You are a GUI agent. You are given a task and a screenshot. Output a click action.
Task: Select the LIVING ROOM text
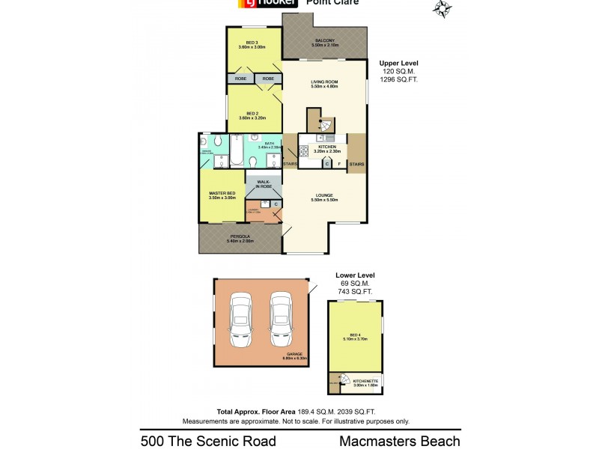[x=324, y=85]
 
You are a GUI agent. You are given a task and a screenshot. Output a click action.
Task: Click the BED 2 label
[x=252, y=114]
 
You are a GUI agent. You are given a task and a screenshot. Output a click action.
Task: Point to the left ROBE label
[x=240, y=78]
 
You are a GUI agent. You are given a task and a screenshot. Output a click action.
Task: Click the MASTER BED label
[x=222, y=195]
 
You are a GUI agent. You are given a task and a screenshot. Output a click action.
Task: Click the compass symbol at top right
[x=443, y=8]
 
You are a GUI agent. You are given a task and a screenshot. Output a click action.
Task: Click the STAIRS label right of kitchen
[x=357, y=164]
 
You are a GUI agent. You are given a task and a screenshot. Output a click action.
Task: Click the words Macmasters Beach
[x=399, y=441]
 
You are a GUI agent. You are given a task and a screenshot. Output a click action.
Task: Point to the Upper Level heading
[x=398, y=63]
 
